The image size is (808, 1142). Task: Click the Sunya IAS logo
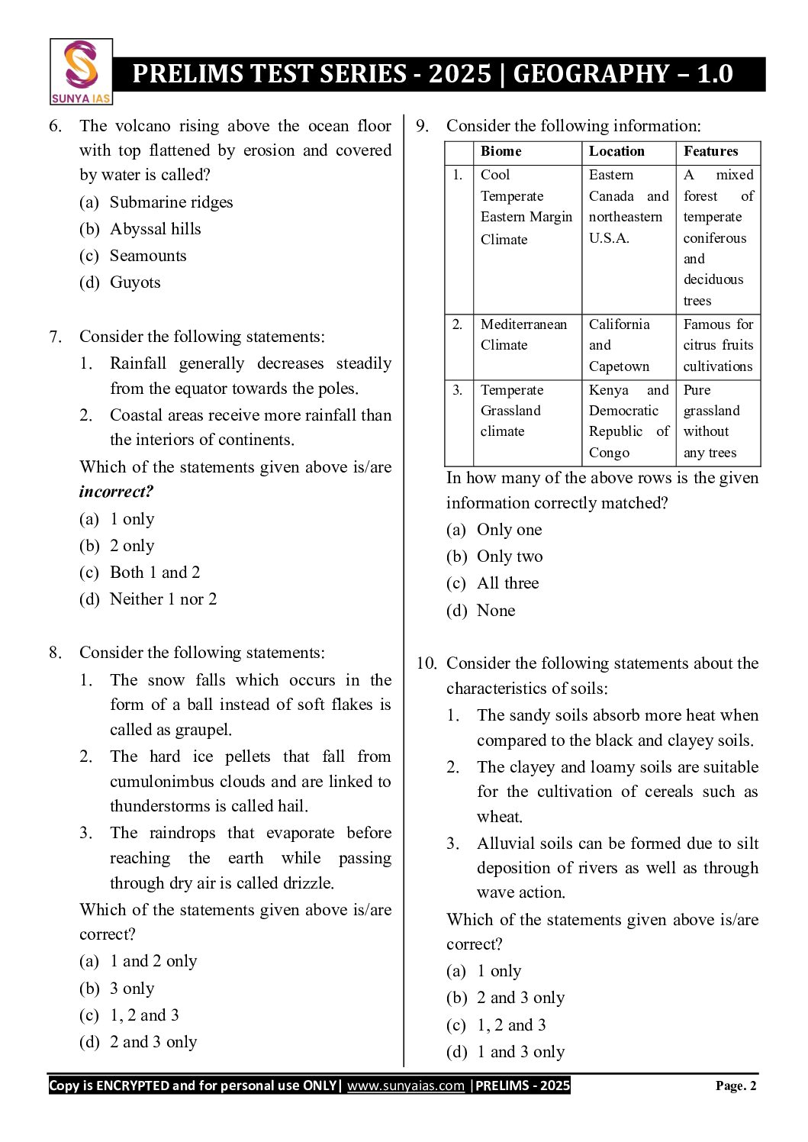pyautogui.click(x=81, y=72)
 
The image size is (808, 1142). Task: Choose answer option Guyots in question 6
pyautogui.click(x=135, y=282)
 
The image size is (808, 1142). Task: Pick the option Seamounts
pyautogui.click(x=148, y=256)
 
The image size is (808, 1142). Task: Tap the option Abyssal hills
pyautogui.click(x=155, y=229)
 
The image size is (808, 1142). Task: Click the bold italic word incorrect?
pyautogui.click(x=117, y=492)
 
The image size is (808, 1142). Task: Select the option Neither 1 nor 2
pyautogui.click(x=163, y=599)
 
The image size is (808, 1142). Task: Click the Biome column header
pyautogui.click(x=501, y=151)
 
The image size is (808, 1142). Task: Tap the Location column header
pyautogui.click(x=616, y=151)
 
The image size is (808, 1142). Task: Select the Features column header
pyautogui.click(x=710, y=151)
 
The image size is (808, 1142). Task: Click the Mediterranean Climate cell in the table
pyautogui.click(x=523, y=334)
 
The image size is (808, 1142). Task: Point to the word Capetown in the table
pyautogui.click(x=619, y=366)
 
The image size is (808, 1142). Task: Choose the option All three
pyautogui.click(x=507, y=583)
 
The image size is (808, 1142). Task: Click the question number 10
pyautogui.click(x=426, y=663)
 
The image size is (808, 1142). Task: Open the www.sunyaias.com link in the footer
pyautogui.click(x=405, y=1086)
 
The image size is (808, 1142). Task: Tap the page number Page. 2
pyautogui.click(x=736, y=1086)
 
